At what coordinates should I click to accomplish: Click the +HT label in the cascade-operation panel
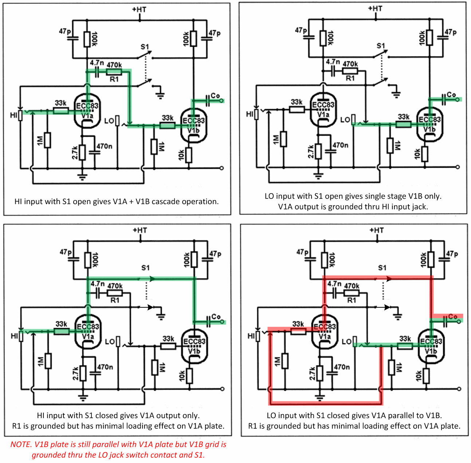click(139, 9)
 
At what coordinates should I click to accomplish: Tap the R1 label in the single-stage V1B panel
click(350, 78)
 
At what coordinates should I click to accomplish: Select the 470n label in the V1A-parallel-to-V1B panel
click(342, 367)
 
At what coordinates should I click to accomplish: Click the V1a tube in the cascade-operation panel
click(87, 111)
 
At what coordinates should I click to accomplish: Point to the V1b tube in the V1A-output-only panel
click(194, 346)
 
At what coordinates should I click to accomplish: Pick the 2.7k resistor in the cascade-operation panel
click(82, 152)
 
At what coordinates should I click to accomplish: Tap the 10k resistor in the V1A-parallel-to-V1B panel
click(425, 376)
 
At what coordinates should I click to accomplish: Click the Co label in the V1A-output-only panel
click(216, 316)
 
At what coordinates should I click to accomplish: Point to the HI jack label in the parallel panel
click(251, 336)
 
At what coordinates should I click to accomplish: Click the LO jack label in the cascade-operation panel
click(109, 121)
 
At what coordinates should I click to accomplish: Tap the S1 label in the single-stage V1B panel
click(381, 46)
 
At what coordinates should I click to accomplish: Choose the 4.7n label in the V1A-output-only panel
click(98, 284)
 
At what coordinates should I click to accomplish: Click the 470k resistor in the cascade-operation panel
click(114, 72)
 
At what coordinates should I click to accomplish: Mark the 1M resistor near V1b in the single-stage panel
click(390, 145)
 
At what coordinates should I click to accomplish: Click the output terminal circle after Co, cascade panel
click(222, 101)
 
